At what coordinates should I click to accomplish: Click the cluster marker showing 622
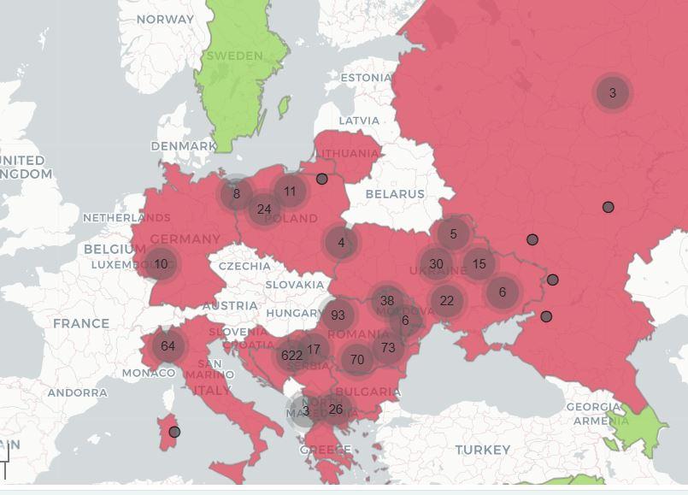click(x=291, y=356)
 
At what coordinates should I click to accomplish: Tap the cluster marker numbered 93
click(x=338, y=315)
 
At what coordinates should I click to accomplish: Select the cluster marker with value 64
click(x=168, y=346)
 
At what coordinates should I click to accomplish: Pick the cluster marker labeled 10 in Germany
click(x=161, y=264)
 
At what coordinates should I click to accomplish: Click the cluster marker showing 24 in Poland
click(x=264, y=209)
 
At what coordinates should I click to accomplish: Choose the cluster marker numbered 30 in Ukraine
click(x=436, y=264)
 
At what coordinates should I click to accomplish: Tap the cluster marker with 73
click(x=388, y=347)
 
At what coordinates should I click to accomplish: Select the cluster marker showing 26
click(x=336, y=409)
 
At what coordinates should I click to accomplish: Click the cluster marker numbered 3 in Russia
click(x=612, y=92)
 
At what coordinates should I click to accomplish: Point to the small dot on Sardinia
click(x=174, y=432)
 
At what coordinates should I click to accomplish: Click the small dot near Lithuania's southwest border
click(x=322, y=179)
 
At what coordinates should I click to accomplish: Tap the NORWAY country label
click(x=165, y=19)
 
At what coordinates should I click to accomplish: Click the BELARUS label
click(x=395, y=194)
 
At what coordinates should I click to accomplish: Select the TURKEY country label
click(x=482, y=449)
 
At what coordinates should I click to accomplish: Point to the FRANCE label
click(x=81, y=323)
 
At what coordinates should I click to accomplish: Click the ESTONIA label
click(x=366, y=77)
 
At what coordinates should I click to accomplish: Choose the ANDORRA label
click(x=77, y=392)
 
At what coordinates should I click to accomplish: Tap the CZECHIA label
click(x=244, y=266)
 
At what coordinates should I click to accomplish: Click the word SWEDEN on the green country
click(x=235, y=56)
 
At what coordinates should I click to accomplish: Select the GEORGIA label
click(x=593, y=407)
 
